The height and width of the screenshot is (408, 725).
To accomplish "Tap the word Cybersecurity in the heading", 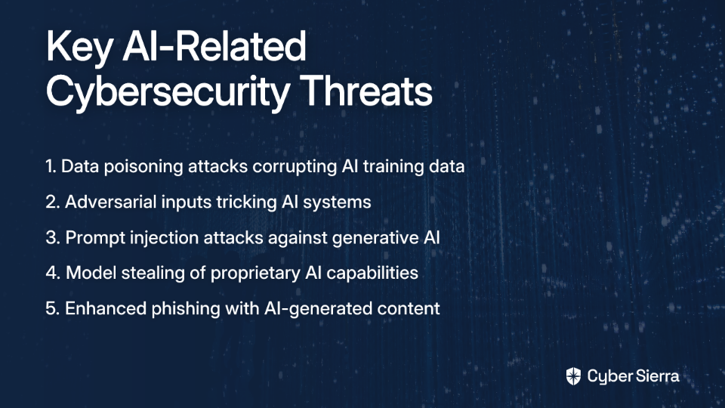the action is (x=168, y=92).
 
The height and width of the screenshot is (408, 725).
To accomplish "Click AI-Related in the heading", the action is (x=214, y=45).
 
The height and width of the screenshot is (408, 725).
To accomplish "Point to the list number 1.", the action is (x=51, y=166).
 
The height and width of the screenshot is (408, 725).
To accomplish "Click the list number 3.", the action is (x=52, y=238).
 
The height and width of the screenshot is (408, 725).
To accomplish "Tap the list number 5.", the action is (x=52, y=308).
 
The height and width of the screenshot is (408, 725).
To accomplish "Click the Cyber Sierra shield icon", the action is (x=573, y=376).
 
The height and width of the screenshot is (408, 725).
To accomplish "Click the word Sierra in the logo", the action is (x=656, y=376).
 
